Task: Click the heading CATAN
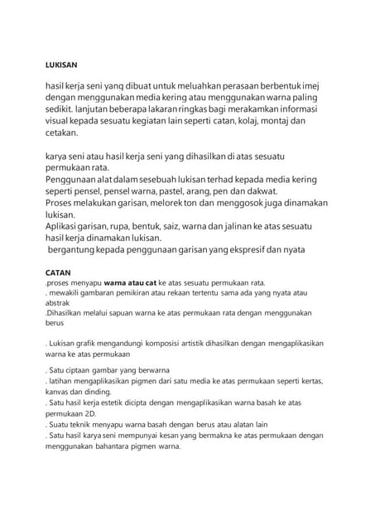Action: click(57, 270)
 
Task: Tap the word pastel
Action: click(151, 189)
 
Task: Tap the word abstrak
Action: click(58, 302)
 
